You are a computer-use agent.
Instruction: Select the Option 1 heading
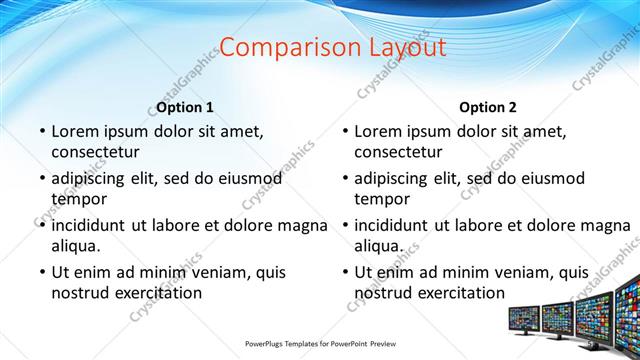(185, 107)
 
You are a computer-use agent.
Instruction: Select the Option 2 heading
(488, 107)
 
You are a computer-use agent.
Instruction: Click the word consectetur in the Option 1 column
(95, 152)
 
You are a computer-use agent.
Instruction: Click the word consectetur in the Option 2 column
(398, 152)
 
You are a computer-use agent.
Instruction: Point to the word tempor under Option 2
(383, 198)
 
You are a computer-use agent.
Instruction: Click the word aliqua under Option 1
(76, 244)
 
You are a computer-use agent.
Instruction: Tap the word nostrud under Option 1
(80, 292)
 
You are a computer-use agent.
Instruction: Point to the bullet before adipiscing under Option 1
(42, 178)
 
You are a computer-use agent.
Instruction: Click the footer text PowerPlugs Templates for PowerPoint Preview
(319, 344)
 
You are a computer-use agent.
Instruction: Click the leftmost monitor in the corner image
(523, 318)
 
